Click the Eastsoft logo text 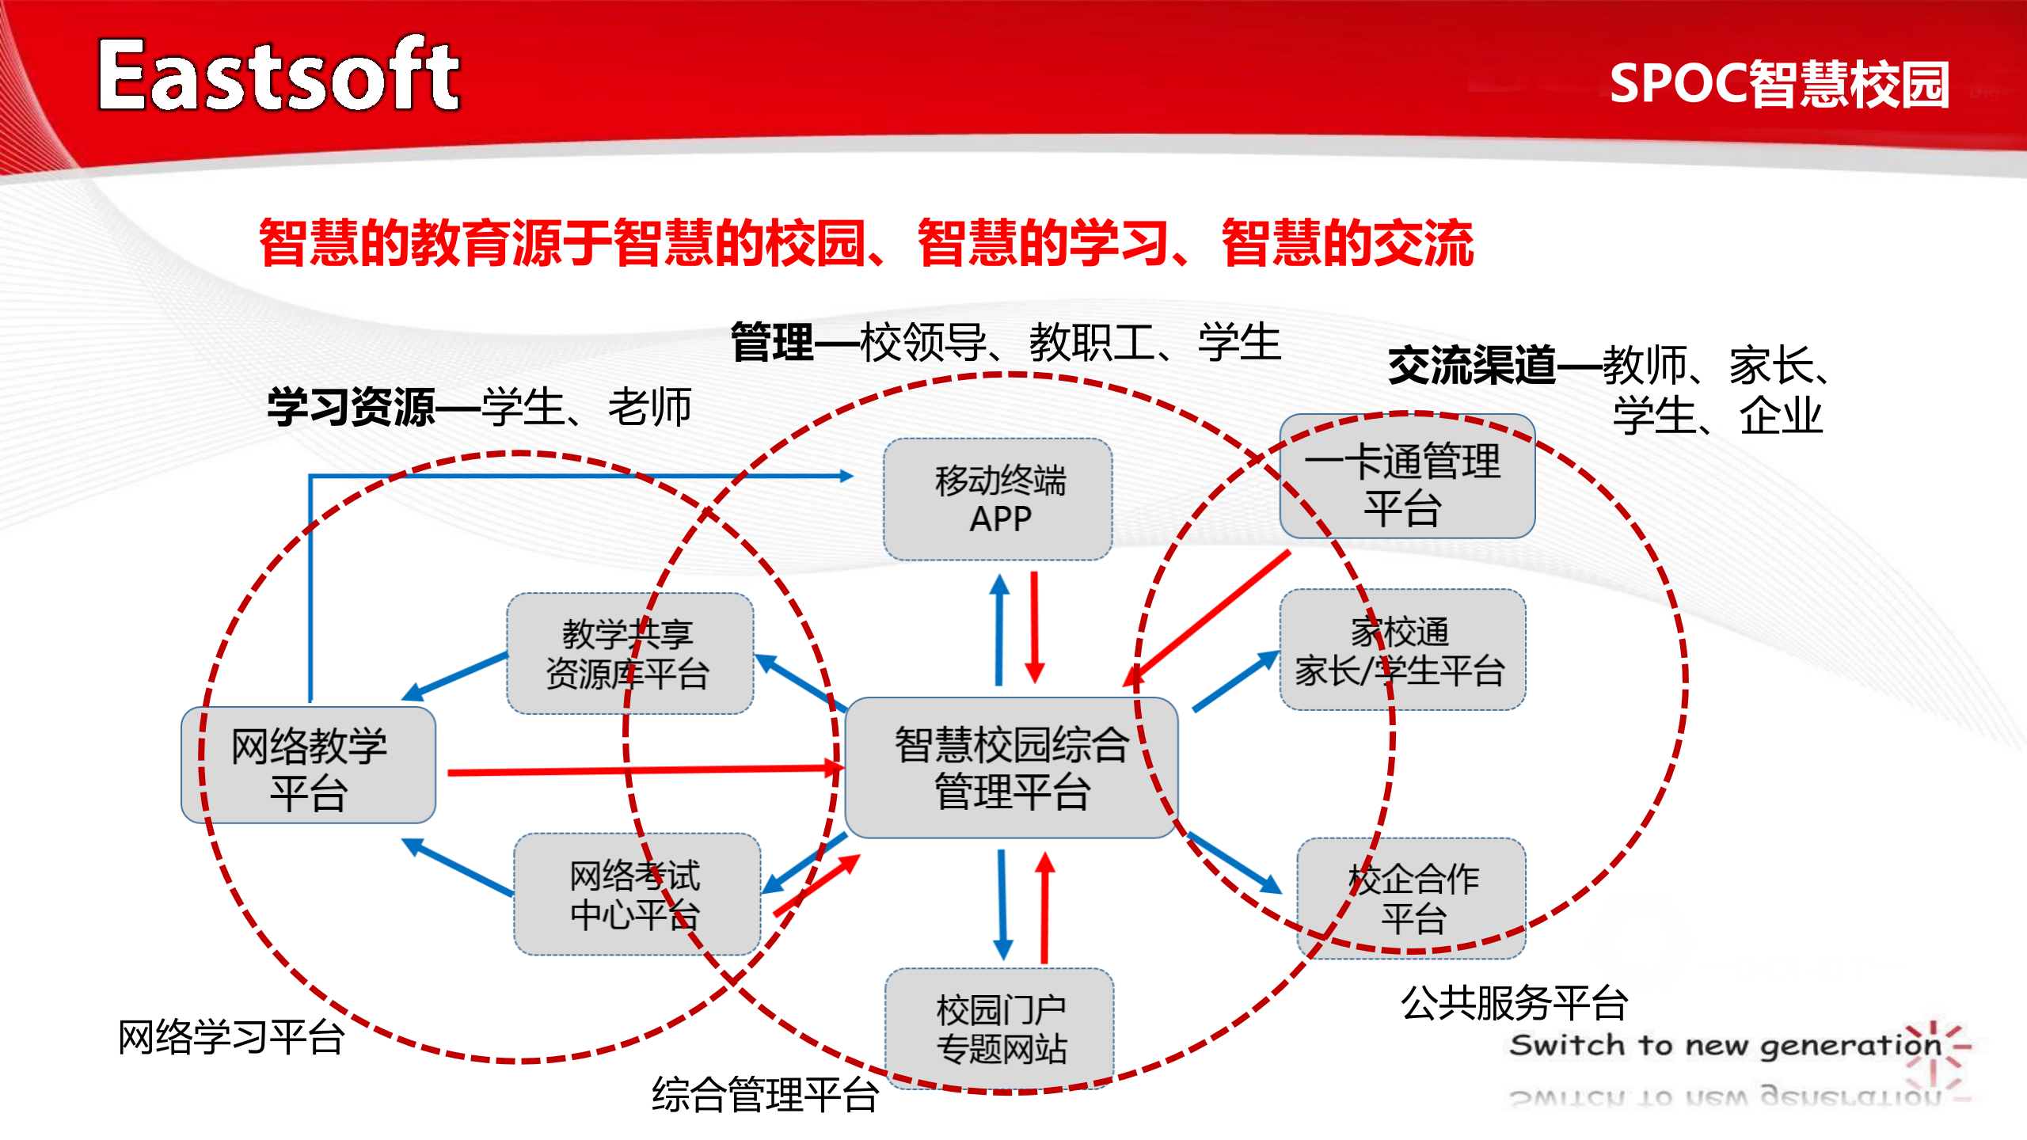[x=279, y=75]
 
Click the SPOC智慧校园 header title [x=1778, y=84]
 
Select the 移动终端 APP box [x=998, y=500]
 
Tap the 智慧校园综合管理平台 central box [x=1011, y=767]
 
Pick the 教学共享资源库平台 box [x=629, y=654]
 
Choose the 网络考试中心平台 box [x=636, y=895]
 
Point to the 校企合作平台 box [x=1412, y=899]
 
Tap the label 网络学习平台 [x=230, y=1037]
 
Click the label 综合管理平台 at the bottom [x=764, y=1095]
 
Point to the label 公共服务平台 [x=1513, y=1002]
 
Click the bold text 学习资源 [x=351, y=408]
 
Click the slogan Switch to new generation [x=1725, y=1045]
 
